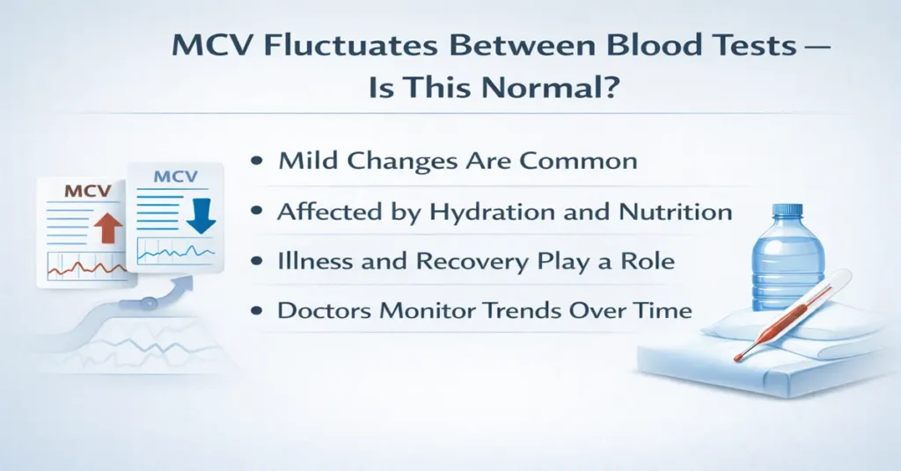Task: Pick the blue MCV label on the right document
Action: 175,178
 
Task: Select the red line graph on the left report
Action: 88,264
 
